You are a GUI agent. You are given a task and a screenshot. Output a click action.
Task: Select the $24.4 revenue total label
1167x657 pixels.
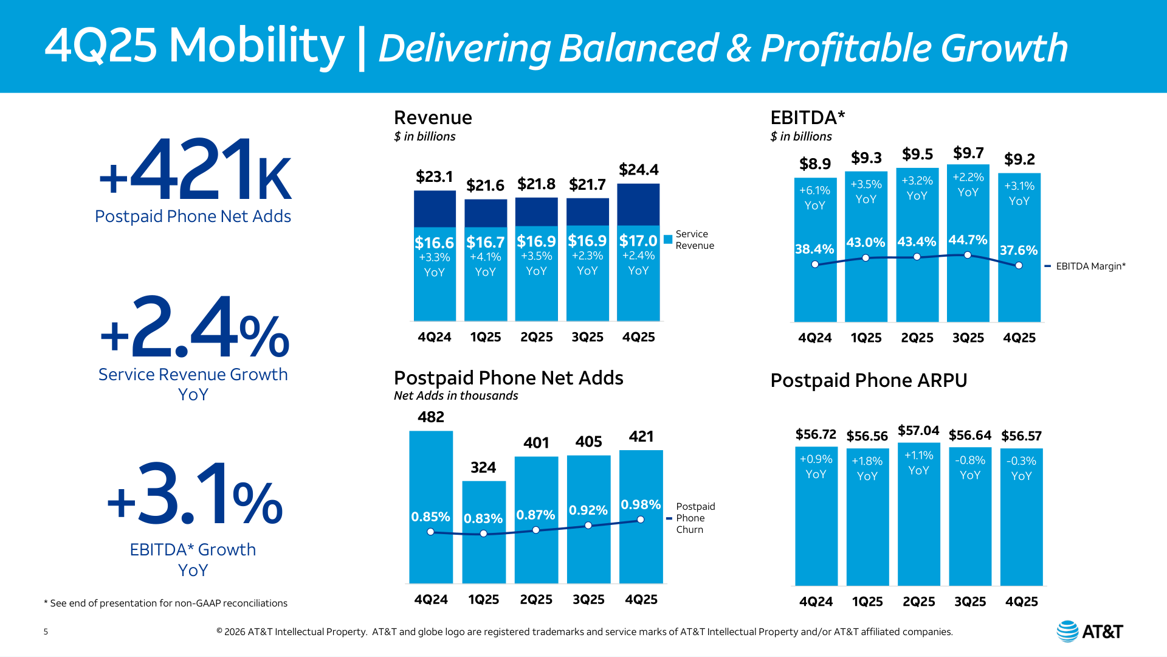point(638,170)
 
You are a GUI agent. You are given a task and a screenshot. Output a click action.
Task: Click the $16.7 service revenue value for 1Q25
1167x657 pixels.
point(485,242)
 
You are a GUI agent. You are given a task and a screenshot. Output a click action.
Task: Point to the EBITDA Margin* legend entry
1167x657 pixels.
point(1085,266)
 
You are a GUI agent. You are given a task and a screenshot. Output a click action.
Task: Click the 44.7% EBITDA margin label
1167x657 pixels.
point(968,240)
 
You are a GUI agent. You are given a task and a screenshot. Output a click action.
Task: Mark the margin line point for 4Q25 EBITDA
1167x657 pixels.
point(1019,265)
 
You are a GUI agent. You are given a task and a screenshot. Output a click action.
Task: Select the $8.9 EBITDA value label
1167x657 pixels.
point(814,164)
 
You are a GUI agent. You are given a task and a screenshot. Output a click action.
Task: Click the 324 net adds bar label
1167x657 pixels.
point(483,467)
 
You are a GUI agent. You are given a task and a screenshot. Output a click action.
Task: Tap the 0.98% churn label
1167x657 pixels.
point(641,504)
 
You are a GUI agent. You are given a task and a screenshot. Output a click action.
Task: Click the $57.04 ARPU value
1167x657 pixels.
point(918,431)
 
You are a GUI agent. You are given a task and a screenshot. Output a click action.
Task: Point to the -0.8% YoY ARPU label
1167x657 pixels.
point(970,468)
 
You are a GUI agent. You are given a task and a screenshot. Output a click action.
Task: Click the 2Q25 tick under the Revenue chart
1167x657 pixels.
point(536,337)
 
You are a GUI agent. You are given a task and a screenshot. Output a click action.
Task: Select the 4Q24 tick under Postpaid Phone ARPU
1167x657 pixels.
point(816,602)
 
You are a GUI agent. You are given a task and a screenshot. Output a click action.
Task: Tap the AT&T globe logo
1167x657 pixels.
point(1067,631)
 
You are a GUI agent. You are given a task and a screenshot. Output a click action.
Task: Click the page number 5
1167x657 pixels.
point(46,631)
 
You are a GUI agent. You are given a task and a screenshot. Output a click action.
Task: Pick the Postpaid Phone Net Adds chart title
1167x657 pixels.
point(508,378)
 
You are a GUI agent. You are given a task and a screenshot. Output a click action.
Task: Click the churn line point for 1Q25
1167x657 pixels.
point(483,534)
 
